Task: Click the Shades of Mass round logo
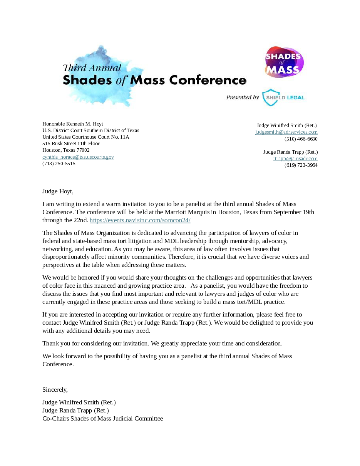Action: click(284, 62)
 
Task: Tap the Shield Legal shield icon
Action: click(269, 97)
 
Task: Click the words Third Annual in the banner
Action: click(92, 68)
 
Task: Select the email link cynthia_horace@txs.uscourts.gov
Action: click(78, 157)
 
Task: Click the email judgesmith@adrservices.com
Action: click(286, 132)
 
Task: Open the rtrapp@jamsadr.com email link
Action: click(295, 158)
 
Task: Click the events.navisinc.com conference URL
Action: click(140, 220)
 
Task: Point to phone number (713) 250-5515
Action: click(59, 163)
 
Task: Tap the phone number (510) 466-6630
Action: click(301, 139)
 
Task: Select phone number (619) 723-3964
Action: click(301, 165)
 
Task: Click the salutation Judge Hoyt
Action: click(58, 191)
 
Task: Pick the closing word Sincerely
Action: click(55, 389)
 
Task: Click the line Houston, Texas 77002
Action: click(66, 150)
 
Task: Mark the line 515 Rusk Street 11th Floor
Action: click(71, 144)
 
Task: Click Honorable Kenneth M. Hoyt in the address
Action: click(73, 124)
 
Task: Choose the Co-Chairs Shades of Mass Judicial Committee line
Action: click(103, 418)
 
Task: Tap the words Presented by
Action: click(242, 97)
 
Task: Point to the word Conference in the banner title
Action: click(208, 80)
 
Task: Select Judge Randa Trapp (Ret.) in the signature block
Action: click(75, 410)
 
